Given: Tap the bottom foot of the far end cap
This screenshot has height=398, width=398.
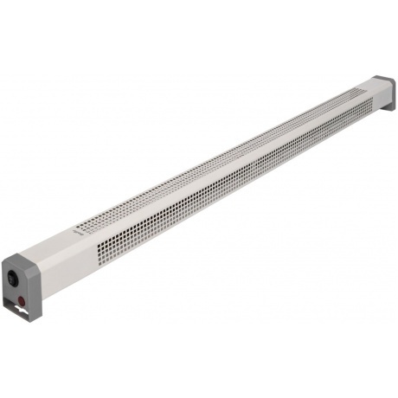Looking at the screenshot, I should click(x=386, y=109).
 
